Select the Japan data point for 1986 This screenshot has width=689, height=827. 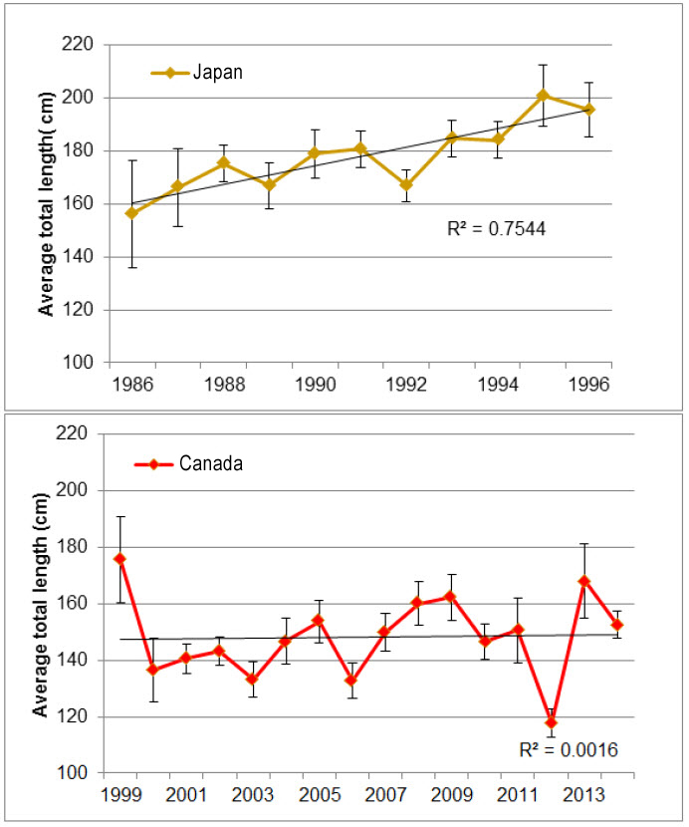coord(131,213)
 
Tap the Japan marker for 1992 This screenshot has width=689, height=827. coord(405,184)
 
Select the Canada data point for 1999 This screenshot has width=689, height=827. coord(119,559)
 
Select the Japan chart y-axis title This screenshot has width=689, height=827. coord(46,202)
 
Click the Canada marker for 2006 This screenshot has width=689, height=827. coord(351,680)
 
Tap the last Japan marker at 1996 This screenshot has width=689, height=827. coord(589,110)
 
